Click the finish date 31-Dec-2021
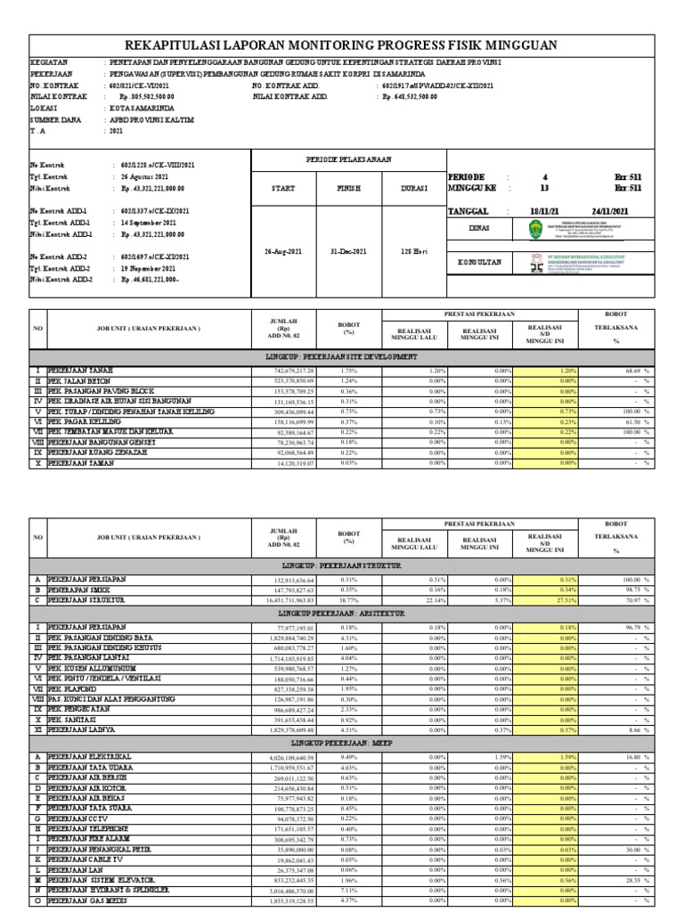point(346,252)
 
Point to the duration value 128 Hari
point(413,252)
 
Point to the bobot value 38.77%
point(348,600)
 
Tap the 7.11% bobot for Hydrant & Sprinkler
point(348,890)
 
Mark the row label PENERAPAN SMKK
point(79,590)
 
